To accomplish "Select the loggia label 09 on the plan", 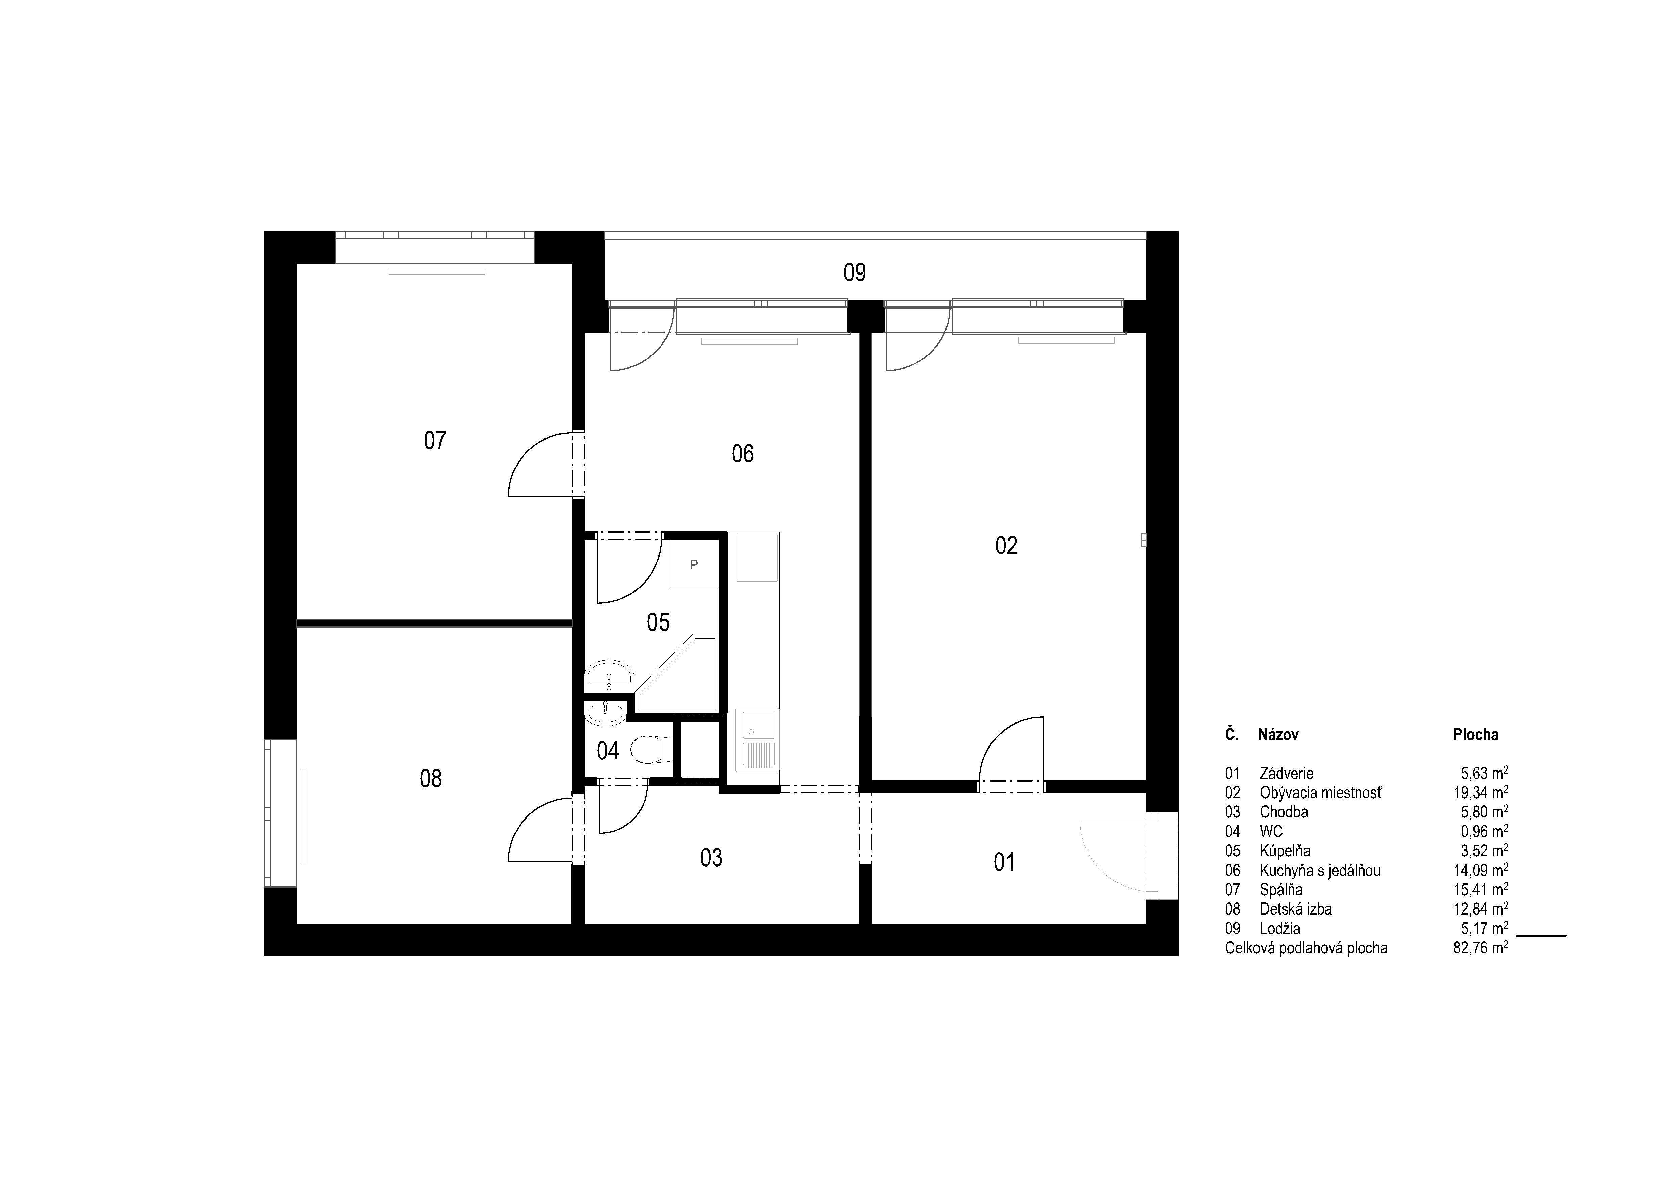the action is pyautogui.click(x=855, y=272).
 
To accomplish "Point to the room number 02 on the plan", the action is pyautogui.click(x=1006, y=546).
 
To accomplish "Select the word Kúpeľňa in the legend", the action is pyautogui.click(x=1285, y=851).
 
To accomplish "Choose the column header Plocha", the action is pyautogui.click(x=1476, y=735).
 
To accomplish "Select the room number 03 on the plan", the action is pyautogui.click(x=712, y=857).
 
